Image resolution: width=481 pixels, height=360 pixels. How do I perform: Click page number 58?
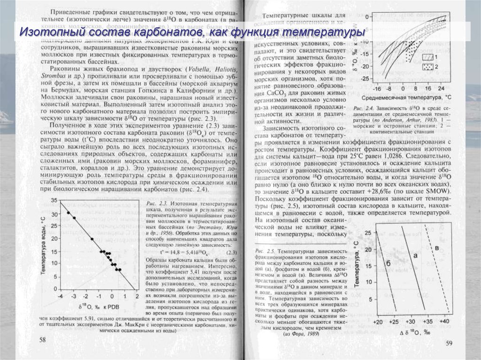pyautogui.click(x=43, y=339)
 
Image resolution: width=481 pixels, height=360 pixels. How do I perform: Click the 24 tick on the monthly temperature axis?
pyautogui.click(x=442, y=89)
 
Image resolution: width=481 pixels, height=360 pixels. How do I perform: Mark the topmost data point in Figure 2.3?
pyautogui.click(x=68, y=213)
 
